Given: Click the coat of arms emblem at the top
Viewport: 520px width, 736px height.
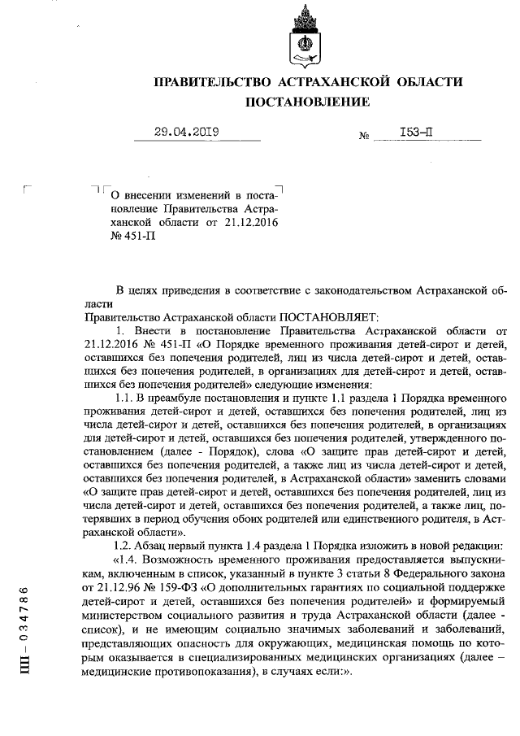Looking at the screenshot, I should pos(306,41).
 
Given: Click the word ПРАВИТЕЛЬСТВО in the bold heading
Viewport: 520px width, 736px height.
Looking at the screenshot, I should pos(213,82).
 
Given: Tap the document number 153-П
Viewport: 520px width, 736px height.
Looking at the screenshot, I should pos(415,133).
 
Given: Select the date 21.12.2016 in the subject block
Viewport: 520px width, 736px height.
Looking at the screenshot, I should pos(249,223).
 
